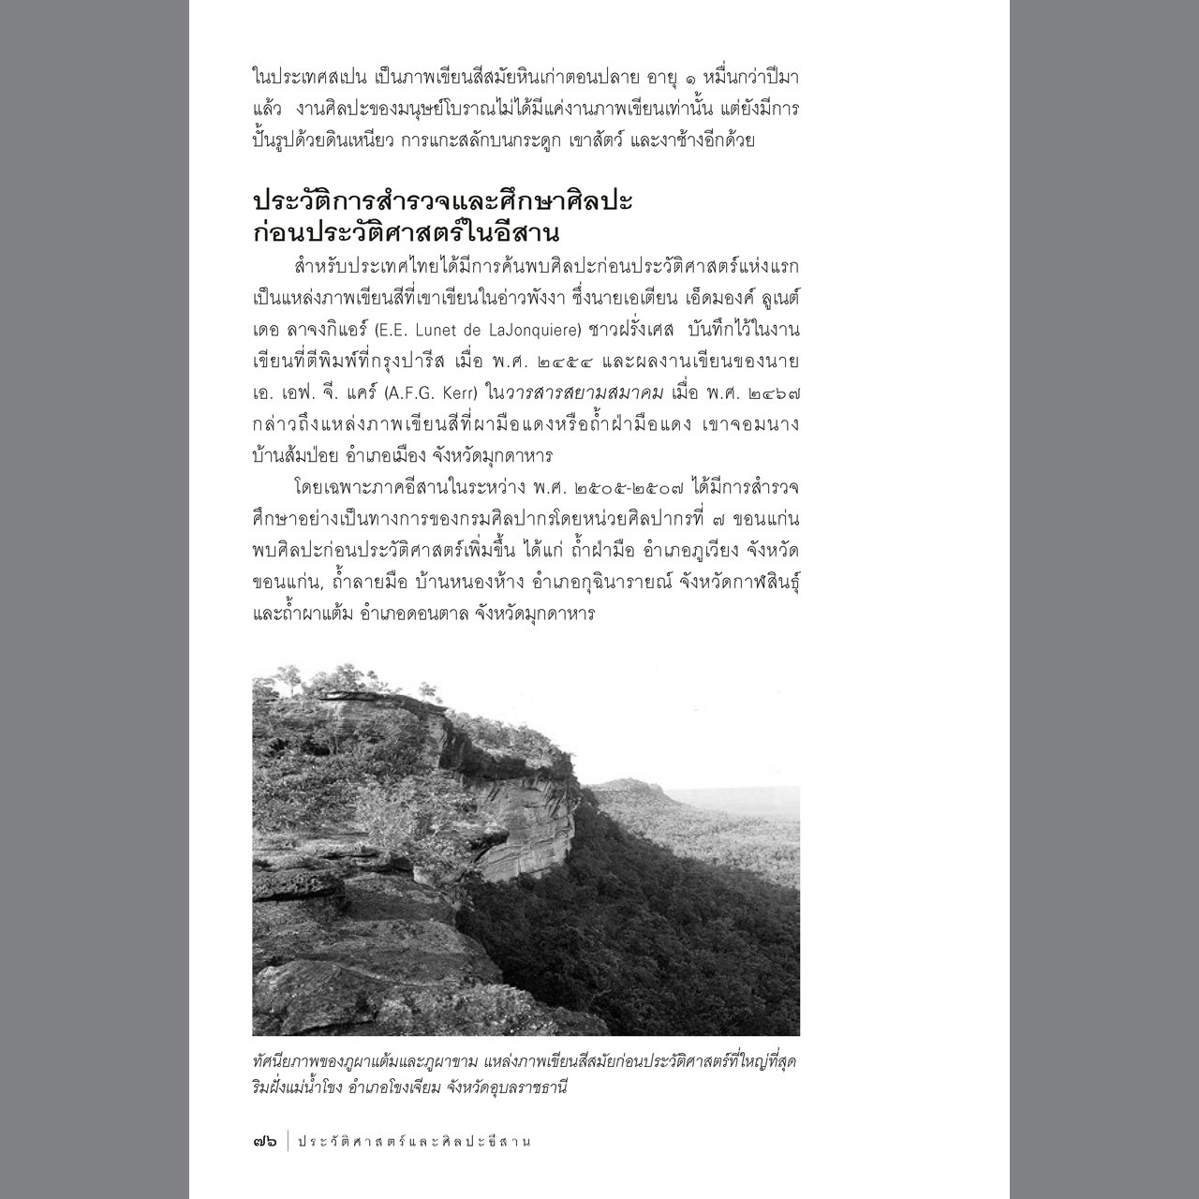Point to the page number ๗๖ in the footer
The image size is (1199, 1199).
click(264, 1141)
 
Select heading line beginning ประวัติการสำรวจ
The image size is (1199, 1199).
click(442, 202)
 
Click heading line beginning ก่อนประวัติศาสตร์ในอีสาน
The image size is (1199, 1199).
click(406, 232)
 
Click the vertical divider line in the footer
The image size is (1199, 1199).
click(288, 1141)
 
